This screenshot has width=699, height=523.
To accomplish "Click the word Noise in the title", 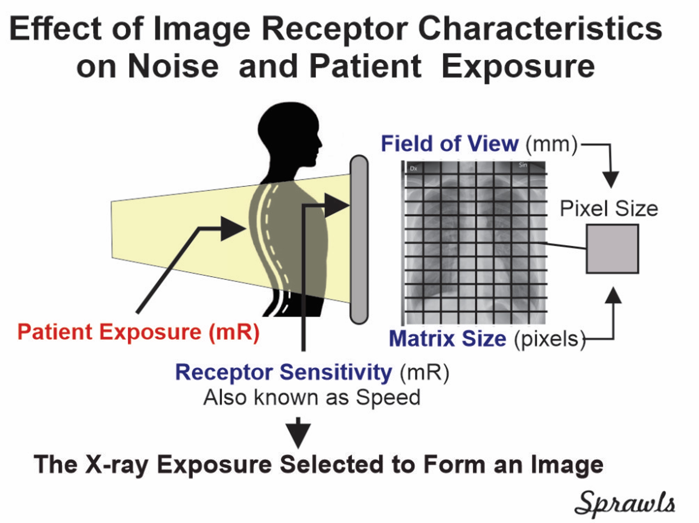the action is click(x=173, y=66).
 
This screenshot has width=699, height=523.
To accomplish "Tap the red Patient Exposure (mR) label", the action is click(x=138, y=332).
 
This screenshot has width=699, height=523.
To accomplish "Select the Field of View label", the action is click(x=450, y=144).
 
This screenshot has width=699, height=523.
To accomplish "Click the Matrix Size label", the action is click(x=447, y=339).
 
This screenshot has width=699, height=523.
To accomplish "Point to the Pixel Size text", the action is click(x=609, y=209).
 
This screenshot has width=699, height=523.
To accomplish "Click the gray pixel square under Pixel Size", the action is click(x=612, y=249).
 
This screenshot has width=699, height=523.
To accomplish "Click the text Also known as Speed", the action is click(x=312, y=397).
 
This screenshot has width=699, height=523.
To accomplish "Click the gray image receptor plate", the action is click(x=359, y=240).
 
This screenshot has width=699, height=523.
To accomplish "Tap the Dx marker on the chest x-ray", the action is click(x=413, y=169).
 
